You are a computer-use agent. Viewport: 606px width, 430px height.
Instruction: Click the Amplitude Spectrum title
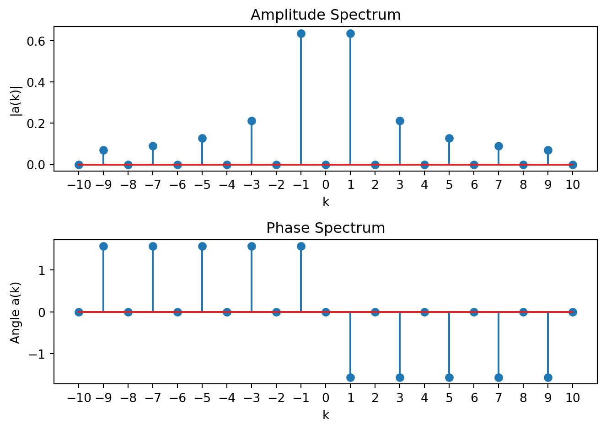point(325,15)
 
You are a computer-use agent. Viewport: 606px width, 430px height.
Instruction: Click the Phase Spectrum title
point(325,228)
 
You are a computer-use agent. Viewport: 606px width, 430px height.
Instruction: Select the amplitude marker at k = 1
point(350,33)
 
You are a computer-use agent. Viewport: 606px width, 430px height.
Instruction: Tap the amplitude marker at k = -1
point(301,33)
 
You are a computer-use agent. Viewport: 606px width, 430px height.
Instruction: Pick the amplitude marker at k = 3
point(400,121)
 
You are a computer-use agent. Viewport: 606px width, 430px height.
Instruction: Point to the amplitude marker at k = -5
point(202,138)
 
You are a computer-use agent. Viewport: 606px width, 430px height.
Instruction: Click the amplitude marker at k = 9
point(548,150)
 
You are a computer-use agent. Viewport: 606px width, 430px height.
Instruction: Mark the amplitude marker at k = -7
point(153,146)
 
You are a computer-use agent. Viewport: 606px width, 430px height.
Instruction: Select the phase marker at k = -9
point(103,246)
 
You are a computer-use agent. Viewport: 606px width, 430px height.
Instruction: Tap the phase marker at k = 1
point(350,377)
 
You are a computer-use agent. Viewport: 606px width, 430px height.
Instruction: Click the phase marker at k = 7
point(499,377)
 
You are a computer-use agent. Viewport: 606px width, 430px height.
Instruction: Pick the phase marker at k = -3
point(252,246)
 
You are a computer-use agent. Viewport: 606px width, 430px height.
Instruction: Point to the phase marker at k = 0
point(326,312)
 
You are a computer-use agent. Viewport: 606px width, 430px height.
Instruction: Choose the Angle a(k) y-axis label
point(16,312)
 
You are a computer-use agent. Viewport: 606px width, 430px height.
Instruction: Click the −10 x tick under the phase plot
point(79,398)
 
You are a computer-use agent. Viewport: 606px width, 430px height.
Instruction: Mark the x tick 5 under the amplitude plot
point(449,185)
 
